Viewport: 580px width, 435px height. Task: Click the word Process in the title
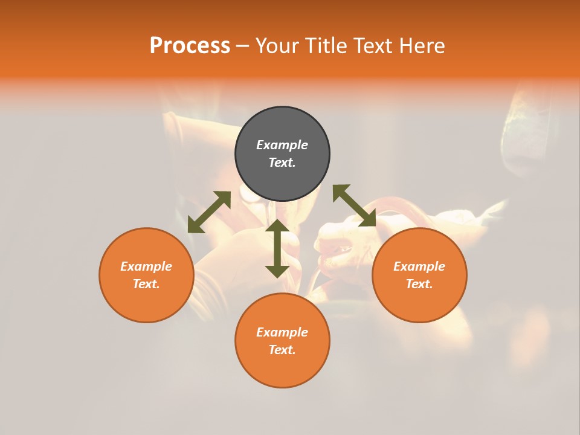tap(190, 46)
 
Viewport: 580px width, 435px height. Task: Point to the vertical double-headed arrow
tap(277, 248)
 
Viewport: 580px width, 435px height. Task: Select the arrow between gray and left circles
tap(209, 212)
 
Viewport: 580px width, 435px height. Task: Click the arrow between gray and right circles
tap(355, 205)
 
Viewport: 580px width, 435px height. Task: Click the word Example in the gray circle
tap(282, 145)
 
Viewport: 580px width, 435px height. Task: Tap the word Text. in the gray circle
tap(282, 163)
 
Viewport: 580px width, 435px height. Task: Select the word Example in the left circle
tap(146, 266)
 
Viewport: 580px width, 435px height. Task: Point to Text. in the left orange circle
tap(146, 284)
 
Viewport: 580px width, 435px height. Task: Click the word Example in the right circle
tap(419, 266)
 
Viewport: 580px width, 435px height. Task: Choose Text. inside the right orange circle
tap(419, 284)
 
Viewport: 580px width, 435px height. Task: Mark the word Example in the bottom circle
tap(282, 332)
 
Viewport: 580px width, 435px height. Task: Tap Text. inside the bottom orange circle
tap(282, 350)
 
